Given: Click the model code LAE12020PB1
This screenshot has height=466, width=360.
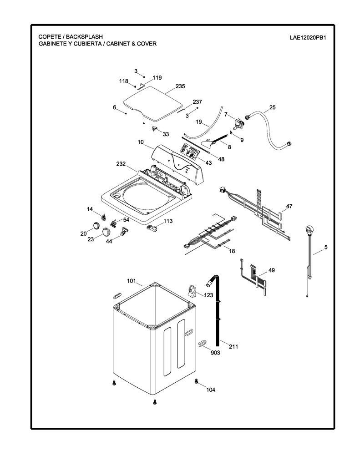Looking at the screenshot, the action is tap(308, 38).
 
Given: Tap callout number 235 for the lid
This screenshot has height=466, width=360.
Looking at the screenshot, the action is tap(180, 86).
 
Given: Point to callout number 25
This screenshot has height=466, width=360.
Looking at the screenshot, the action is tap(272, 107).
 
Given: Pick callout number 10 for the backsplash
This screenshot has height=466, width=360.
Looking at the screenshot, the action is tap(141, 142).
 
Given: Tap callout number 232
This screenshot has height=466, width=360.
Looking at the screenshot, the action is tap(121, 164).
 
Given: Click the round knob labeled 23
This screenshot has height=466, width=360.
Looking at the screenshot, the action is tap(106, 231).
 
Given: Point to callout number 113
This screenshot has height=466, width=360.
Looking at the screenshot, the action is tap(168, 221).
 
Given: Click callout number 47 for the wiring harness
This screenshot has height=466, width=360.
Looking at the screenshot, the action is tap(289, 206).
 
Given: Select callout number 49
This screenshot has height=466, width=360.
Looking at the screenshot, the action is tap(272, 270).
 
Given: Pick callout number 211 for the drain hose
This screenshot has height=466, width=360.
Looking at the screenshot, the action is tap(233, 346).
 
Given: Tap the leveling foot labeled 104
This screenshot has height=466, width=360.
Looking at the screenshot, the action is tap(196, 381).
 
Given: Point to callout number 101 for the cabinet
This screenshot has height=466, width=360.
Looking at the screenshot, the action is tap(132, 281).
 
